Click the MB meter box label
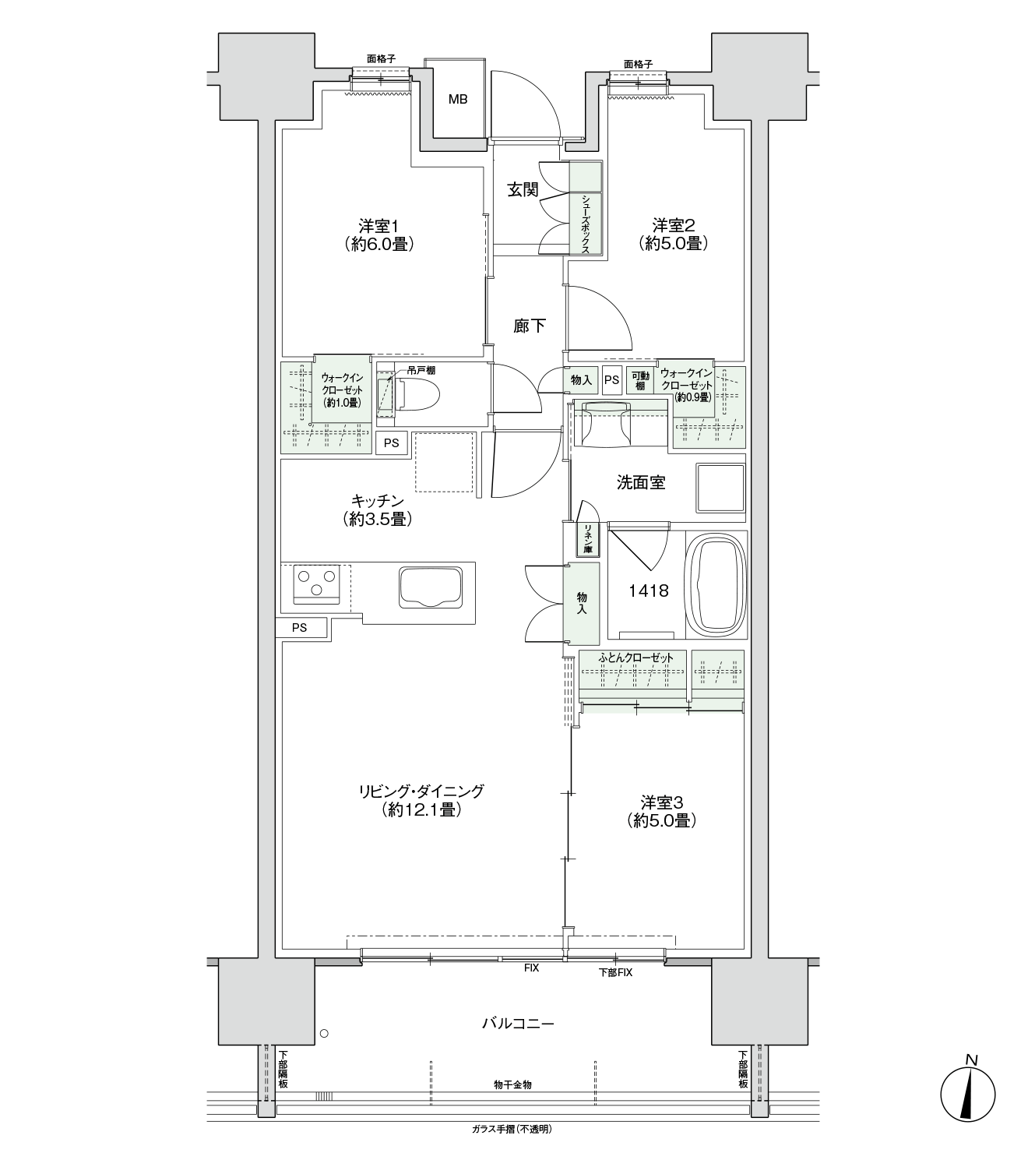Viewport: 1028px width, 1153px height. coord(457,99)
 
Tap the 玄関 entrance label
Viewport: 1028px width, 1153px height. coord(523,189)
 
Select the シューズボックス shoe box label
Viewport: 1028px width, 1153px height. coord(586,224)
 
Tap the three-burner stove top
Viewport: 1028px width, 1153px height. coord(316,584)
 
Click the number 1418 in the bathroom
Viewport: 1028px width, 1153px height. coord(648,591)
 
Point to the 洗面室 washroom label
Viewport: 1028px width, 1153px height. coord(641,482)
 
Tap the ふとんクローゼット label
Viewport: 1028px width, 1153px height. coord(635,658)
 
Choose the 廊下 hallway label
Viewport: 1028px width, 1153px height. coord(529,326)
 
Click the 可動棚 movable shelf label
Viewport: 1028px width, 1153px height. coord(640,381)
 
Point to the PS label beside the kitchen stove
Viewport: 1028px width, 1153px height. coord(299,628)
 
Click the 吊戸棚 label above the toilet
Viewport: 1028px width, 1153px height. coord(421,371)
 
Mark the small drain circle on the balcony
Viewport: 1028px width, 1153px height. coord(324,1034)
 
